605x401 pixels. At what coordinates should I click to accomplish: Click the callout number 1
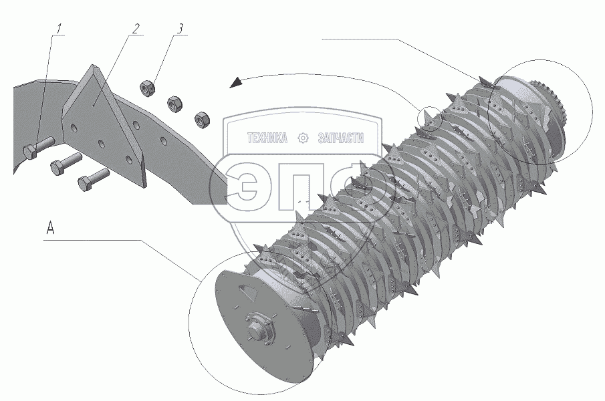pyautogui.click(x=59, y=29)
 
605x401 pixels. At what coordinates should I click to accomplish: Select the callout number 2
pyautogui.click(x=136, y=29)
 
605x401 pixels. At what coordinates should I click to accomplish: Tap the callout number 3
pyautogui.click(x=180, y=29)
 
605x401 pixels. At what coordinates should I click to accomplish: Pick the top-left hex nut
pyautogui.click(x=147, y=88)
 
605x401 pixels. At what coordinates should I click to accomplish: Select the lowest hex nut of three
pyautogui.click(x=201, y=119)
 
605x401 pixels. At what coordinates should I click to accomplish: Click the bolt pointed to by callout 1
pyautogui.click(x=39, y=147)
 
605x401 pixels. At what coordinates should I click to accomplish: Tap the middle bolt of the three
pyautogui.click(x=66, y=162)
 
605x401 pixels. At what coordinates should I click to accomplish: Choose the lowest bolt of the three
pyautogui.click(x=94, y=178)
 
